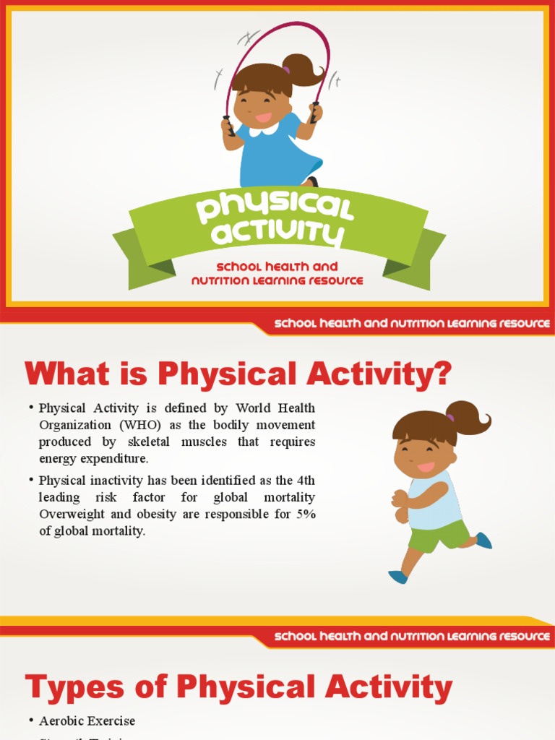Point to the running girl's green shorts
click(x=438, y=535)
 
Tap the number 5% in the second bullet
click(x=304, y=514)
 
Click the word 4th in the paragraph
click(x=303, y=480)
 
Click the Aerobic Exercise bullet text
click(x=87, y=720)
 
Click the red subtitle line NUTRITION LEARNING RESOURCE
click(x=277, y=280)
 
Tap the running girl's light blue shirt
click(x=434, y=499)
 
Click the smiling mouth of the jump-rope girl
click(x=263, y=117)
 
